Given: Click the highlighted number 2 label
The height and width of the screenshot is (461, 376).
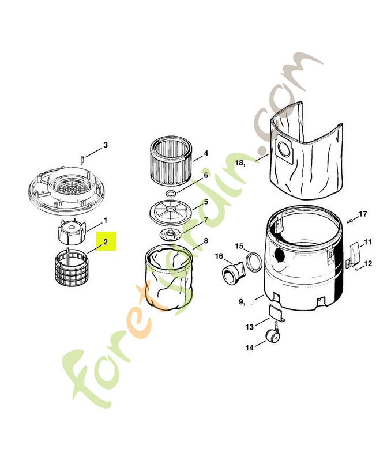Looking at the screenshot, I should [106, 242].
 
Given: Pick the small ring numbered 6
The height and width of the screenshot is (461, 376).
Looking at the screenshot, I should [171, 191].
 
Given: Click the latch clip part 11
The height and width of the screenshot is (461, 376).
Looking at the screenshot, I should [355, 250].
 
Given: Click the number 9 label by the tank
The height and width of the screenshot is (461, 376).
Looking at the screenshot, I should [242, 301].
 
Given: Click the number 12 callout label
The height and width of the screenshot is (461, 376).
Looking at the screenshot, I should [368, 263].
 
